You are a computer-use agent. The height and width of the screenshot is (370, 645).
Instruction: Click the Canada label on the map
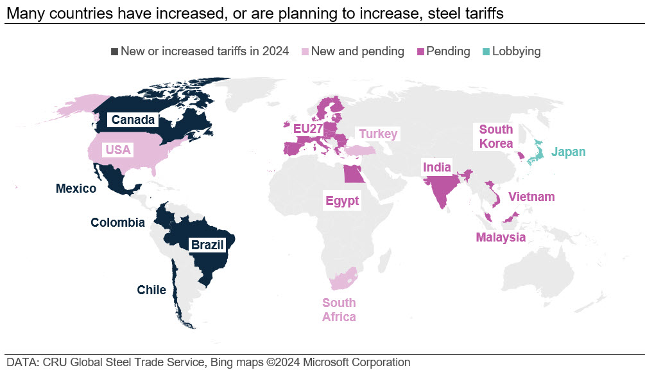[x=133, y=119]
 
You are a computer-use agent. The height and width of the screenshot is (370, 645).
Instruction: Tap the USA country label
[x=118, y=150]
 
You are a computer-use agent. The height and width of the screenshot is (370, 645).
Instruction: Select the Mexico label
[x=76, y=188]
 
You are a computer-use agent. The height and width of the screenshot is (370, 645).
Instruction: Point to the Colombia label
[x=117, y=223]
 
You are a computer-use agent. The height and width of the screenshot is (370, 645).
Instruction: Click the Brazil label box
[x=207, y=245]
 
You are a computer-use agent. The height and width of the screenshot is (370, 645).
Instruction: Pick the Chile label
[x=151, y=290]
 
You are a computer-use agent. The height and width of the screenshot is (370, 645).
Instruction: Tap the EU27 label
[x=307, y=129]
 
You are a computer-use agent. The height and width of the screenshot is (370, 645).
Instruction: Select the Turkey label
[x=378, y=134]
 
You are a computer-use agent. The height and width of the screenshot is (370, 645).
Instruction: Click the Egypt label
[x=342, y=200]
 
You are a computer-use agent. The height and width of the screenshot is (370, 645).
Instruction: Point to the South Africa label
[x=339, y=310]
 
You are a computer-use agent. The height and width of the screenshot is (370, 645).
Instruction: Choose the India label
[x=437, y=167]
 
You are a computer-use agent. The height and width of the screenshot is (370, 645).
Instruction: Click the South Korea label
[x=496, y=136]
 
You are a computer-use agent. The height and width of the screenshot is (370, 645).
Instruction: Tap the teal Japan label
[x=569, y=152]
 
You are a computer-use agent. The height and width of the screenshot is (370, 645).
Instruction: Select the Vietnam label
[x=531, y=197]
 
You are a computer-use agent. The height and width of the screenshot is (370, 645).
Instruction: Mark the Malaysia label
[x=501, y=237]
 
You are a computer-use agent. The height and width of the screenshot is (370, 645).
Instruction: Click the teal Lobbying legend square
[x=486, y=52]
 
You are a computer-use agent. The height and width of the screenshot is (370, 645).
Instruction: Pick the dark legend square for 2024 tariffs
[x=115, y=52]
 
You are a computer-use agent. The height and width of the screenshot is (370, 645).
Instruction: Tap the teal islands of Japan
[x=536, y=152]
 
